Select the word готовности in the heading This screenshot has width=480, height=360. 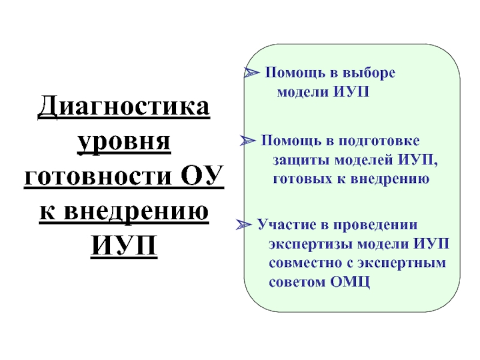(x=98, y=178)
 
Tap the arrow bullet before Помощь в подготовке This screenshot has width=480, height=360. (x=247, y=141)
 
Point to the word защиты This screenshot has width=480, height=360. (x=301, y=160)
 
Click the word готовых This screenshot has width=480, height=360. (x=304, y=179)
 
